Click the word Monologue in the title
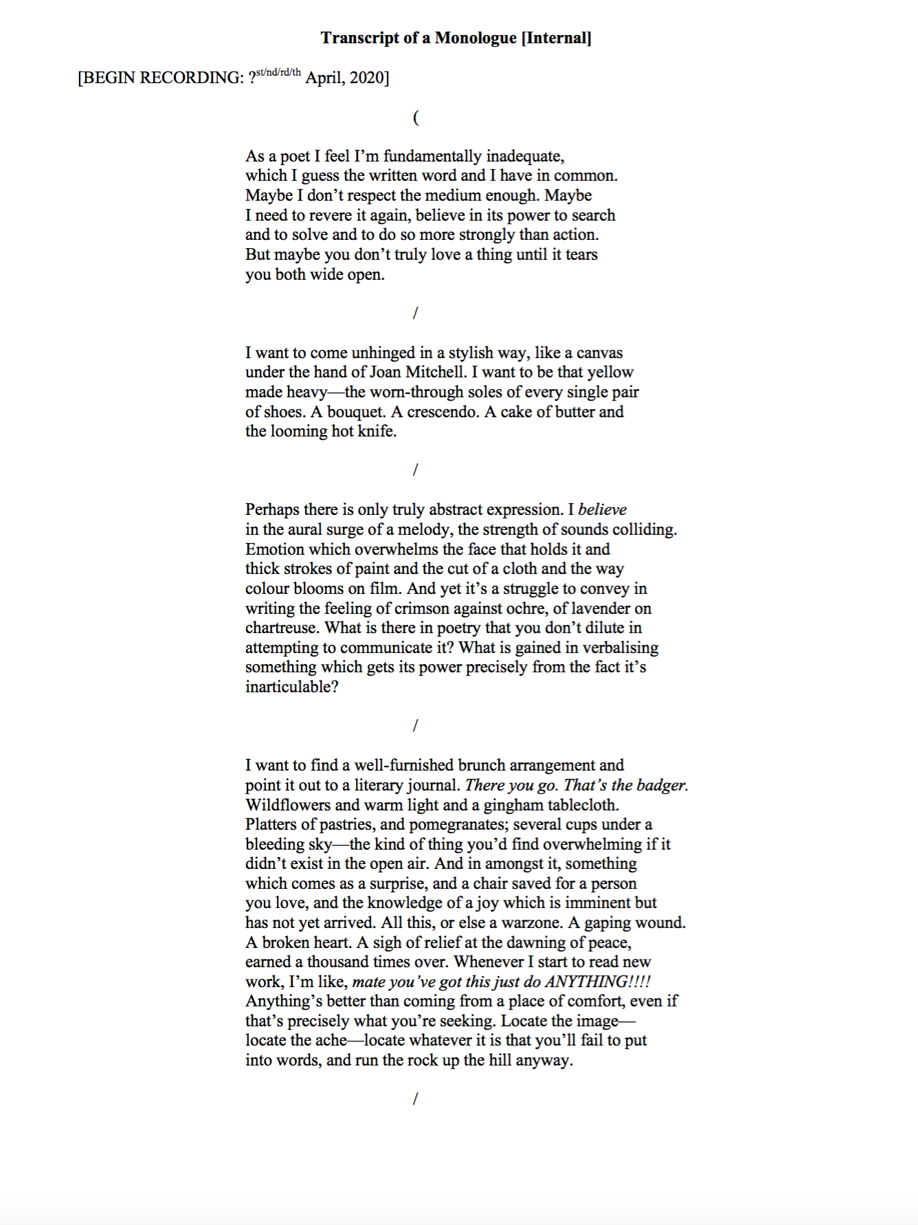[475, 38]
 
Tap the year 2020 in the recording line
[369, 78]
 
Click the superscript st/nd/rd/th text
[278, 72]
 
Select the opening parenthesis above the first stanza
[416, 118]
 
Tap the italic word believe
[602, 509]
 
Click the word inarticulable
[291, 687]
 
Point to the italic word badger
[662, 785]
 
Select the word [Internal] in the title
[556, 38]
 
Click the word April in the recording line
[325, 78]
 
